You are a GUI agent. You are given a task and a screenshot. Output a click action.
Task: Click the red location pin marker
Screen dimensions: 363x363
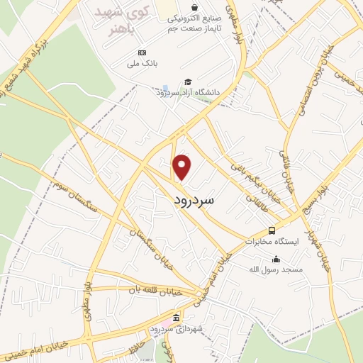point(183,167)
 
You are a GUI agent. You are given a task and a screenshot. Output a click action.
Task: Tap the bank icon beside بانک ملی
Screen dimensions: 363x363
point(142,53)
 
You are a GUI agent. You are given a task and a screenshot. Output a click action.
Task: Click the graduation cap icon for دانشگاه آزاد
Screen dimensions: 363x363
point(187,82)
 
